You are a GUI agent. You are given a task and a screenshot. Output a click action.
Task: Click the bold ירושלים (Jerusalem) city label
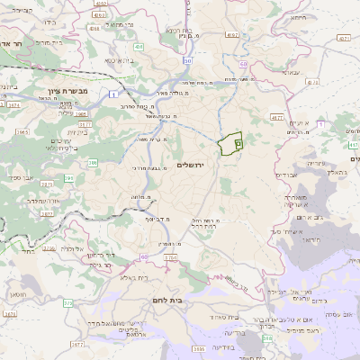point(191,165)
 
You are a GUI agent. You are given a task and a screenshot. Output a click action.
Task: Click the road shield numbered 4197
point(233,35)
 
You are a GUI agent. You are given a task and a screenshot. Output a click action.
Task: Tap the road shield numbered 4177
point(276,116)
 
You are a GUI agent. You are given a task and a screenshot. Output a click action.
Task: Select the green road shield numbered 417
point(353,144)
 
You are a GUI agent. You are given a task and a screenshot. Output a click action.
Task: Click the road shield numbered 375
point(67,303)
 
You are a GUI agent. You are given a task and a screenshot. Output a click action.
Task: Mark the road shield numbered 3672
point(9,314)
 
